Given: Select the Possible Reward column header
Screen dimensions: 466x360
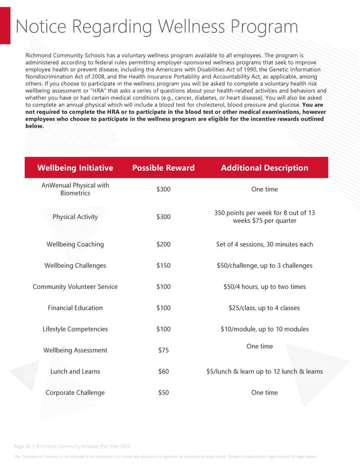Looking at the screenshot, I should tap(163, 168).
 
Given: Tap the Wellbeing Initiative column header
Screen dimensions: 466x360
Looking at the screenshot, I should tap(75, 168).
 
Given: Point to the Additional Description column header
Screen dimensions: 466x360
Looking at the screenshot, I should tap(264, 168).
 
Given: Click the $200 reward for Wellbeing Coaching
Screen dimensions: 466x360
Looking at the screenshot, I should tap(163, 244).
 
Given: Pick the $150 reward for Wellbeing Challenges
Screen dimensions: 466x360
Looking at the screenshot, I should tap(163, 265).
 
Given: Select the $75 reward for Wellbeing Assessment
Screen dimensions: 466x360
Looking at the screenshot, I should tap(163, 350).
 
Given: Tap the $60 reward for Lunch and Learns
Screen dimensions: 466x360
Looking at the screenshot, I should tap(163, 371).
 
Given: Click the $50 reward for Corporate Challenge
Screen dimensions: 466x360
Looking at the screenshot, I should tap(163, 393).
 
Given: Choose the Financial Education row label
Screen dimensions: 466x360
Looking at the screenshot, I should tap(75, 308).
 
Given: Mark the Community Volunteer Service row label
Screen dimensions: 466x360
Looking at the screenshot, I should tap(75, 286).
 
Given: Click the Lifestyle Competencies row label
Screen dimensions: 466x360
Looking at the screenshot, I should tap(75, 329).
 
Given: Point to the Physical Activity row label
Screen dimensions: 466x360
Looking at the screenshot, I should tap(75, 216).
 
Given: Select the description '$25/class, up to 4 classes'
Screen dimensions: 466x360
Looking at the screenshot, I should tap(264, 308).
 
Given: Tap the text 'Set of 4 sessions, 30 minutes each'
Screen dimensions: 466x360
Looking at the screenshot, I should tap(264, 244).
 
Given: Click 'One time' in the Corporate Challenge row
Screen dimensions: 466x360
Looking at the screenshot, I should tap(264, 393).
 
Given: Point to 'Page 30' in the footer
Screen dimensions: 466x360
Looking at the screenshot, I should tap(22, 446).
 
